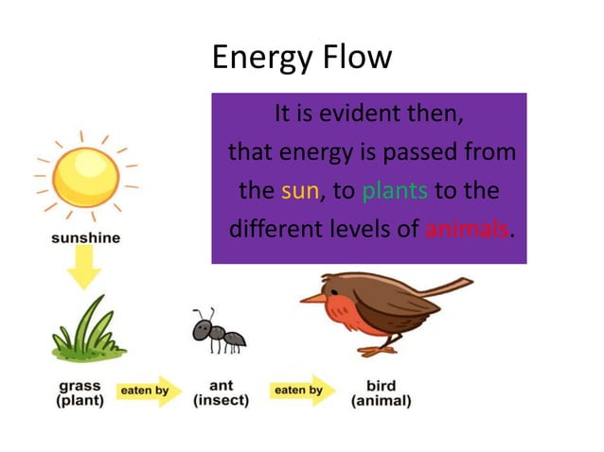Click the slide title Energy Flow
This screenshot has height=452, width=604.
[301, 58]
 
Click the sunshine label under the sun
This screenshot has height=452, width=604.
[85, 237]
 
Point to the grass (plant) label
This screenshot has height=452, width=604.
[80, 392]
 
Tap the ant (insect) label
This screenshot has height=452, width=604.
[221, 392]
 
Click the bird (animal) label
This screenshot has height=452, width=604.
[382, 393]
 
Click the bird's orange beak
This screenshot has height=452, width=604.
[312, 298]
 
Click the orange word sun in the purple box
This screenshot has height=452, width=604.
[300, 190]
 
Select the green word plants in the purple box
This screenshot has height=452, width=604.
[396, 190]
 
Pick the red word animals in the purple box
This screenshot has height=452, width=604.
[467, 229]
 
